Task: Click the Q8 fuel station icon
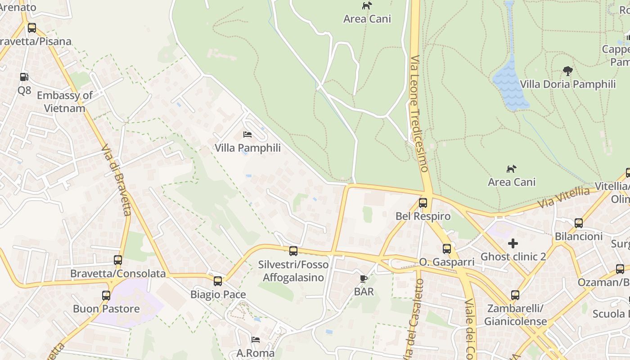click(x=24, y=77)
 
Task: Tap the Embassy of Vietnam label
click(x=65, y=102)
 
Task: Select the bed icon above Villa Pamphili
click(x=247, y=135)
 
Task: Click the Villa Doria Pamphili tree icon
click(x=568, y=71)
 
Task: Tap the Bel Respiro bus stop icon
click(x=423, y=203)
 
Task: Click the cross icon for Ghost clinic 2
click(x=513, y=244)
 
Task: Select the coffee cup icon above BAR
click(x=364, y=279)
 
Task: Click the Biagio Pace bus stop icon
click(x=218, y=281)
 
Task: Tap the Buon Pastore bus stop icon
click(x=106, y=296)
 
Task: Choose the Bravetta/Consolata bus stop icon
click(x=118, y=260)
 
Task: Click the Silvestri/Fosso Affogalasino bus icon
click(x=293, y=251)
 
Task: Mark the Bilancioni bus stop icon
click(x=579, y=223)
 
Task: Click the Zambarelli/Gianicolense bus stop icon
click(x=515, y=295)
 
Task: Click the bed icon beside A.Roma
click(x=256, y=340)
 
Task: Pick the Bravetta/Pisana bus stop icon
click(x=31, y=28)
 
